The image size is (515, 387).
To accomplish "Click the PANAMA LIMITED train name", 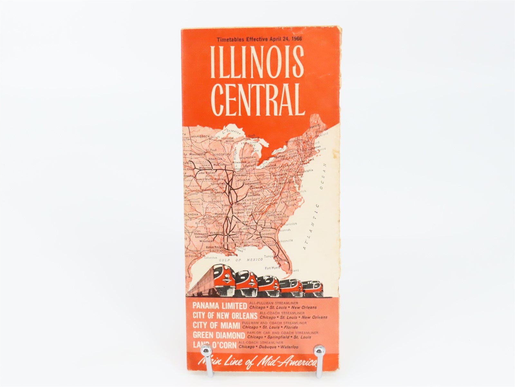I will pyautogui.click(x=220, y=306).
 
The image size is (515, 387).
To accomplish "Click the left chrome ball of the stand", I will pyautogui.click(x=205, y=350).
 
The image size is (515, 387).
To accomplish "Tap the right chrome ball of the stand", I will pyautogui.click(x=319, y=350).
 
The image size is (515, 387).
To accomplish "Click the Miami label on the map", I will pyautogui.click(x=295, y=270).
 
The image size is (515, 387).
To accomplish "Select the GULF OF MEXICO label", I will pyautogui.click(x=234, y=260).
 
